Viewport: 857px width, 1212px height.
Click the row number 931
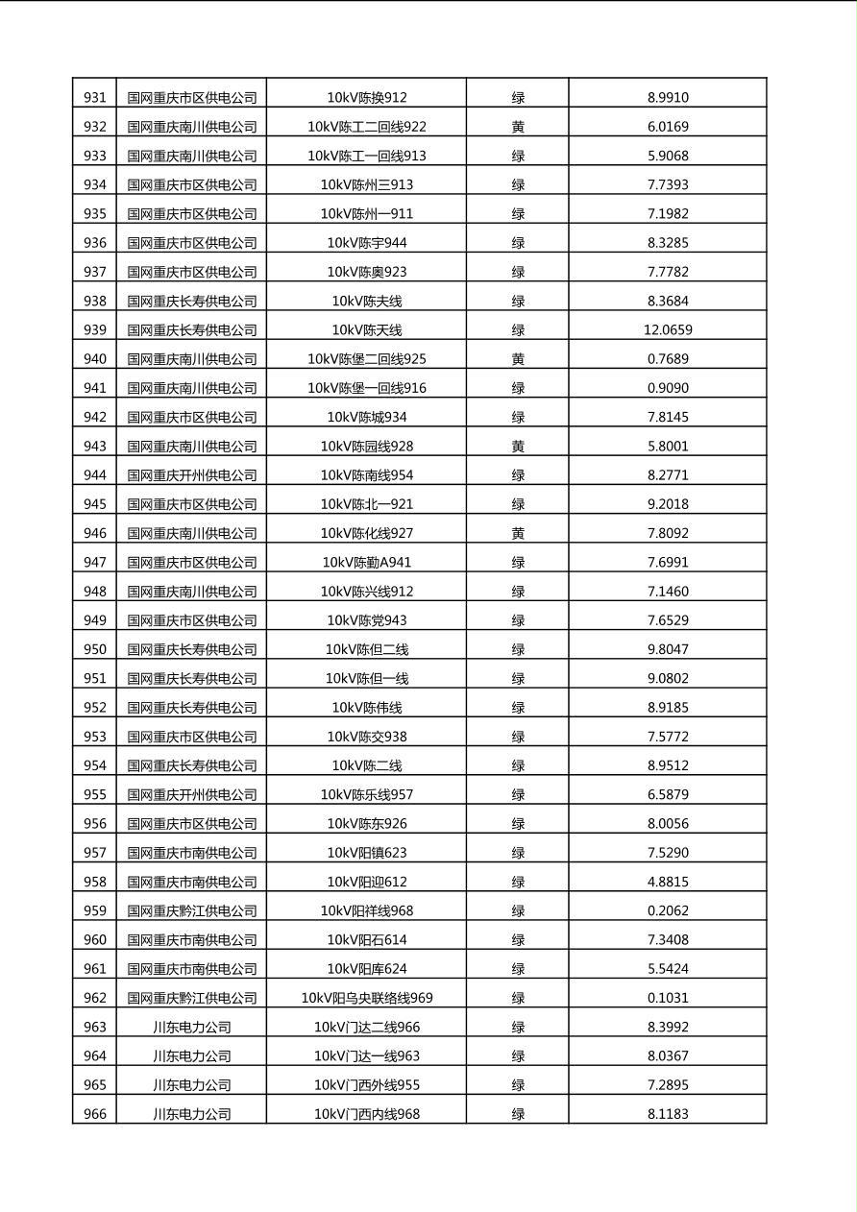pyautogui.click(x=95, y=98)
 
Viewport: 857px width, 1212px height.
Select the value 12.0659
pyautogui.click(x=668, y=330)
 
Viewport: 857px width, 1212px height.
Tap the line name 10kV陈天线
pyautogui.click(x=367, y=330)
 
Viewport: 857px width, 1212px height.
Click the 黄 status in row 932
pyautogui.click(x=518, y=127)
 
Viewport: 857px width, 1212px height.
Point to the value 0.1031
pyautogui.click(x=668, y=999)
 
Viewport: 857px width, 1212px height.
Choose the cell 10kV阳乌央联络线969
pyautogui.click(x=367, y=999)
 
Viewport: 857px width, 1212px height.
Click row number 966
pyautogui.click(x=95, y=1115)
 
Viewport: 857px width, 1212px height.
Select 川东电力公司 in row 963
pyautogui.click(x=192, y=1028)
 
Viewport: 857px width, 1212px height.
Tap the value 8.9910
pyautogui.click(x=668, y=98)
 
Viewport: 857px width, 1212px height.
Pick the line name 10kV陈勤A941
pyautogui.click(x=367, y=563)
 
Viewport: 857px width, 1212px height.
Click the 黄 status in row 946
pyautogui.click(x=518, y=534)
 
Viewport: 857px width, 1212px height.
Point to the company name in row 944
pyautogui.click(x=192, y=475)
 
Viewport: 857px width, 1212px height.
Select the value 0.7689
pyautogui.click(x=668, y=359)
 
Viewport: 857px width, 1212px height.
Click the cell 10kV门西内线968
pyautogui.click(x=367, y=1115)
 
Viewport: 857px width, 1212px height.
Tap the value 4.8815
pyautogui.click(x=668, y=883)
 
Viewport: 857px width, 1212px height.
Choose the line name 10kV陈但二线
pyautogui.click(x=367, y=650)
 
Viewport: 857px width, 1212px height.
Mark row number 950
pyautogui.click(x=95, y=650)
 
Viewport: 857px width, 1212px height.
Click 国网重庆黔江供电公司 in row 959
pyautogui.click(x=192, y=911)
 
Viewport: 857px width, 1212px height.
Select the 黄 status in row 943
pyautogui.click(x=518, y=447)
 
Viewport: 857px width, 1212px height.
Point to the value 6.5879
pyautogui.click(x=668, y=795)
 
